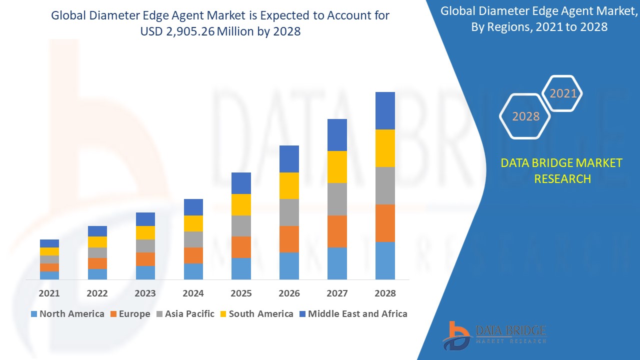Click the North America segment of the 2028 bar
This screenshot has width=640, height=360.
tap(385, 260)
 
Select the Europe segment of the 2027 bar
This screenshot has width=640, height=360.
tap(337, 231)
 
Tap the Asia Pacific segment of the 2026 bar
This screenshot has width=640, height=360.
tap(289, 212)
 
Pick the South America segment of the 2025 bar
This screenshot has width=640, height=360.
tap(241, 204)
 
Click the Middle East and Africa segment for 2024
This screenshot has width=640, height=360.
tap(193, 207)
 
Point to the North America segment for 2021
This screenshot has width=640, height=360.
tap(49, 275)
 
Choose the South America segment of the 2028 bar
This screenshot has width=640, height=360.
tap(385, 148)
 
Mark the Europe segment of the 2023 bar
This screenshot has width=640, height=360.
tap(145, 259)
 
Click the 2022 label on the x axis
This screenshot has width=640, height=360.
tap(97, 293)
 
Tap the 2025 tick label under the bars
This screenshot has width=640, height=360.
tap(241, 293)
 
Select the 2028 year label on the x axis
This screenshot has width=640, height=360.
tap(385, 293)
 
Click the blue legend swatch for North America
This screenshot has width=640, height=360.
tap(34, 314)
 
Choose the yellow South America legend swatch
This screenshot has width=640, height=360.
tap(223, 314)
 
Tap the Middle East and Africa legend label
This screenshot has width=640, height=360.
tap(357, 314)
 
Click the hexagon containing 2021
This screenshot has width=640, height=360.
tap(563, 93)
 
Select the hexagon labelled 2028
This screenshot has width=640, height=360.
tap(525, 116)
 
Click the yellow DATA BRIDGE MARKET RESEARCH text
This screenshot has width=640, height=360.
tap(562, 170)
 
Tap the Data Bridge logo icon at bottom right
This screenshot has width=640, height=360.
tap(456, 335)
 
